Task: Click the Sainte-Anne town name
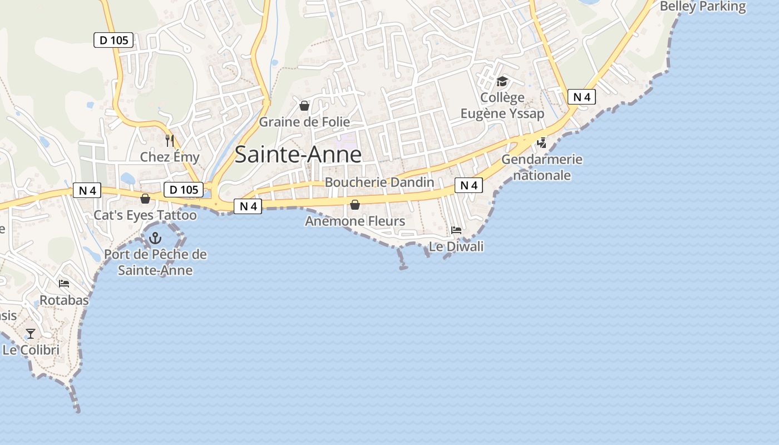coord(298,155)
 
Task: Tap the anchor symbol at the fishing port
coord(155,239)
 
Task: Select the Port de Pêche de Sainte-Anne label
coord(155,263)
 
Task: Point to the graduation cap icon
coord(502,82)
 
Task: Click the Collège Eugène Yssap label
coord(502,106)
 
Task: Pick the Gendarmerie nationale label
coord(542,167)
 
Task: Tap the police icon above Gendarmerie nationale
coord(541,143)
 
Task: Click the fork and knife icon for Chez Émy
coord(170,141)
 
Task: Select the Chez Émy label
coord(170,157)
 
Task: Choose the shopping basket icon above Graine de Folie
coord(304,106)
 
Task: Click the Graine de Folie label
coord(304,122)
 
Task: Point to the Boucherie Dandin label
coord(379,182)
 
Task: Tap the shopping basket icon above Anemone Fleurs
coord(355,205)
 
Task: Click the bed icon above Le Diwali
coord(456,230)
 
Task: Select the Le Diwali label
coord(456,246)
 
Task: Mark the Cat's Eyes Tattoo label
coord(145,215)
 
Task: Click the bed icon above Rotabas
coord(64,284)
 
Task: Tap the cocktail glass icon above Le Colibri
coord(31,334)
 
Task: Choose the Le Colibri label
coord(31,350)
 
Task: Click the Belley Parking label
coord(702,7)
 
